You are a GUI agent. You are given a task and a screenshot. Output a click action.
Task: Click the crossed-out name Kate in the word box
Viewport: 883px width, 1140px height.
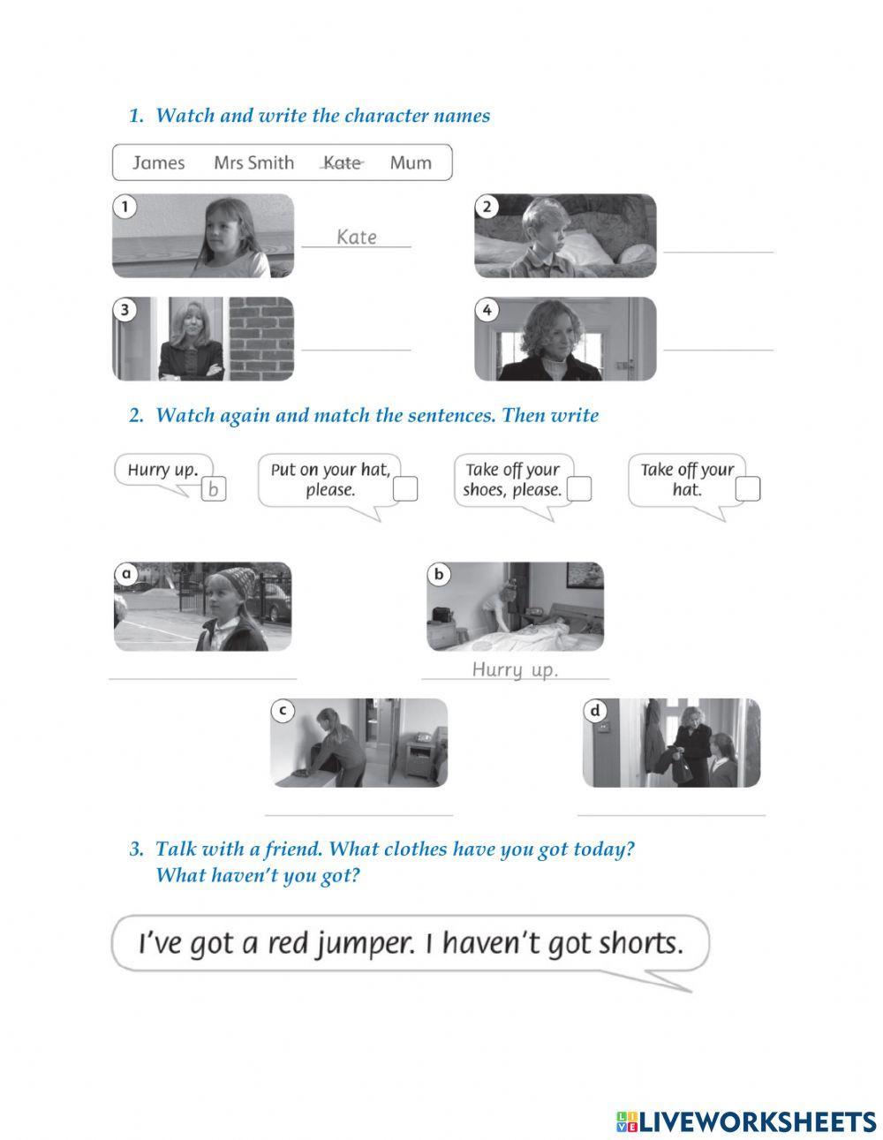[x=343, y=162]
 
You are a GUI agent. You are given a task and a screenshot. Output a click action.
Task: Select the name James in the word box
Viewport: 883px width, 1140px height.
[x=159, y=162]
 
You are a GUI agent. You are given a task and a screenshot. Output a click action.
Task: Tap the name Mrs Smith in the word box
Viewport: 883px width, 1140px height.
[x=253, y=162]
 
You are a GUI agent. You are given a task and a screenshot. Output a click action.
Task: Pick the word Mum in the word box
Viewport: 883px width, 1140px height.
[x=411, y=162]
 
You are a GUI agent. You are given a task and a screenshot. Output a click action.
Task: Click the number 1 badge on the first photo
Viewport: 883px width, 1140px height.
[x=125, y=207]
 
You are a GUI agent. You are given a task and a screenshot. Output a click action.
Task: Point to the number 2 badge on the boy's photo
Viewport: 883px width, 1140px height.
[x=487, y=207]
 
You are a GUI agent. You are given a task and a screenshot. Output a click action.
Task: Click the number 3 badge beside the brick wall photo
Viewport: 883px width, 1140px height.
[x=125, y=309]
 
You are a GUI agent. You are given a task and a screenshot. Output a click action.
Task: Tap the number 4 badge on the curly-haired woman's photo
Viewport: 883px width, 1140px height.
[x=487, y=309]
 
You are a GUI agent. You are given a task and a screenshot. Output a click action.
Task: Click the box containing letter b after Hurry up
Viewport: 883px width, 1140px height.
[x=214, y=489]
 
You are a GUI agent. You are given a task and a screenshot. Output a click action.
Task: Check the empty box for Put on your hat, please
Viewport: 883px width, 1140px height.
[x=405, y=489]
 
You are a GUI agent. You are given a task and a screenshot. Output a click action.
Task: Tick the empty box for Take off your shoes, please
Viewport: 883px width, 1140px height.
[x=579, y=489]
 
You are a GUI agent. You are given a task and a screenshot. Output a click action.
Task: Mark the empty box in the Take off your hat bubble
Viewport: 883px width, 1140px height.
[x=748, y=489]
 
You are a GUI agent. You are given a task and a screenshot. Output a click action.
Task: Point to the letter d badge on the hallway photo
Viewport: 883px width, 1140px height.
[x=595, y=711]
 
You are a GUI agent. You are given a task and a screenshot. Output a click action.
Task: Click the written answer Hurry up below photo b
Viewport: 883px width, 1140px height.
[x=515, y=670]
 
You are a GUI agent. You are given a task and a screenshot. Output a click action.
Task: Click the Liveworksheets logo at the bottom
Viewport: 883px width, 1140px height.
[x=745, y=1121]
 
